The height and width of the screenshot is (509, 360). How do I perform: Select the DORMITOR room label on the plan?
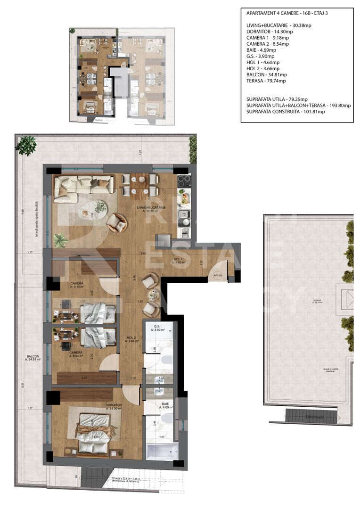(x=114, y=406)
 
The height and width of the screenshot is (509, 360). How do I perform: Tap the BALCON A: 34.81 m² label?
(x=33, y=358)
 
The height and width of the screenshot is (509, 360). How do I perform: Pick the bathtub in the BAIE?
(x=160, y=451)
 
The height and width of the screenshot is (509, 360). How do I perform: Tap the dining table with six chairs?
(x=139, y=185)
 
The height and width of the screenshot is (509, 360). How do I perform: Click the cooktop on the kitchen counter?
(x=183, y=181)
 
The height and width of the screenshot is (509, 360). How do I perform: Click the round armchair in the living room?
(x=116, y=223)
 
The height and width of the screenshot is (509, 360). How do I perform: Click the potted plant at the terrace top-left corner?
(x=26, y=145)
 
